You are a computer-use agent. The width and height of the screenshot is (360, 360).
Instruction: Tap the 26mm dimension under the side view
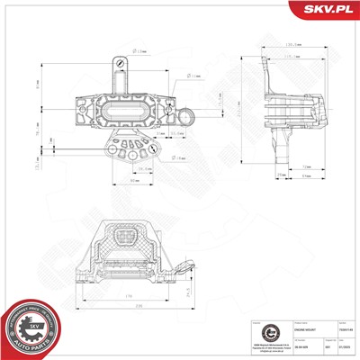pos(256,174)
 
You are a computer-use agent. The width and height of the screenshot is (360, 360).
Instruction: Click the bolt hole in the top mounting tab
pos(116,62)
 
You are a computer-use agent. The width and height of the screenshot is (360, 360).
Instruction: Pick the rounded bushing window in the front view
pos(125,242)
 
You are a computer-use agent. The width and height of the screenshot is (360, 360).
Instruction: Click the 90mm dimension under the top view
pos(134,183)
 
